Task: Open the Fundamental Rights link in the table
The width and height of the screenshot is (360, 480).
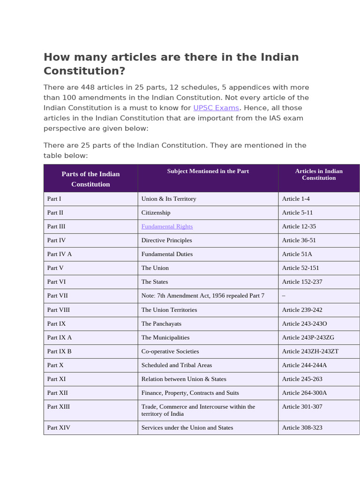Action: click(x=167, y=226)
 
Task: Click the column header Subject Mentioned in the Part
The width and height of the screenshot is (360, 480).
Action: click(x=208, y=171)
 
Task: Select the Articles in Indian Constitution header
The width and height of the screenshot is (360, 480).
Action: click(x=319, y=174)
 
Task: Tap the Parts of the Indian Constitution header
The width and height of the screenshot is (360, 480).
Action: click(x=90, y=179)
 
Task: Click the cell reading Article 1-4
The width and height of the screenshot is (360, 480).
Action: click(x=296, y=199)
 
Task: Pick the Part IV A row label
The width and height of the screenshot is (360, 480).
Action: click(x=60, y=254)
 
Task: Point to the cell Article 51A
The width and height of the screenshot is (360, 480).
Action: click(x=297, y=254)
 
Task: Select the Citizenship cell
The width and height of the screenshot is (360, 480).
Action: click(x=156, y=212)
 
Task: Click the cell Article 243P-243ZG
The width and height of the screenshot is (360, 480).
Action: click(x=308, y=337)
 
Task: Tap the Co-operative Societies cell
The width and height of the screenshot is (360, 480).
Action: click(x=170, y=351)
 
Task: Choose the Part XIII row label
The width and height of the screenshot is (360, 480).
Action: click(x=59, y=406)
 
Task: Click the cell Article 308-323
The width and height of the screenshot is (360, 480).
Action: click(x=302, y=427)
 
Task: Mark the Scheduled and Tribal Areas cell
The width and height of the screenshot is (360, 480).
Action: click(x=177, y=365)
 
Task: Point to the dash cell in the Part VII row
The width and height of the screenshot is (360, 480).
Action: click(x=284, y=296)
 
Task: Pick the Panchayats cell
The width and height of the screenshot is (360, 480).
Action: click(x=161, y=323)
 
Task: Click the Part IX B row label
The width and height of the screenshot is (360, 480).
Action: click(x=60, y=351)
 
